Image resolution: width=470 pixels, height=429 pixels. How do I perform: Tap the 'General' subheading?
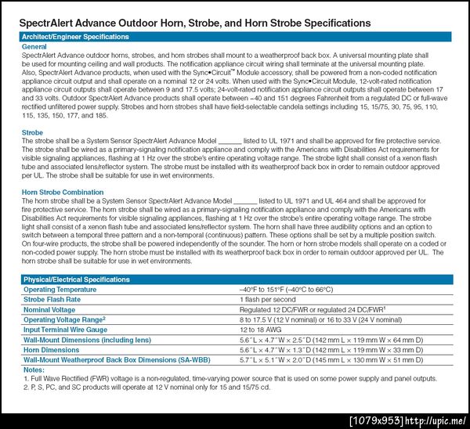35,47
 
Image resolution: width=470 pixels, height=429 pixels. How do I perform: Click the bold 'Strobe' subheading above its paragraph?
33,133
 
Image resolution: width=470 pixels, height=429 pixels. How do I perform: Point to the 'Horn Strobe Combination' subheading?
62,192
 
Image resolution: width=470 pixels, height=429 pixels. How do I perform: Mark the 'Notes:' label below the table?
34,369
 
